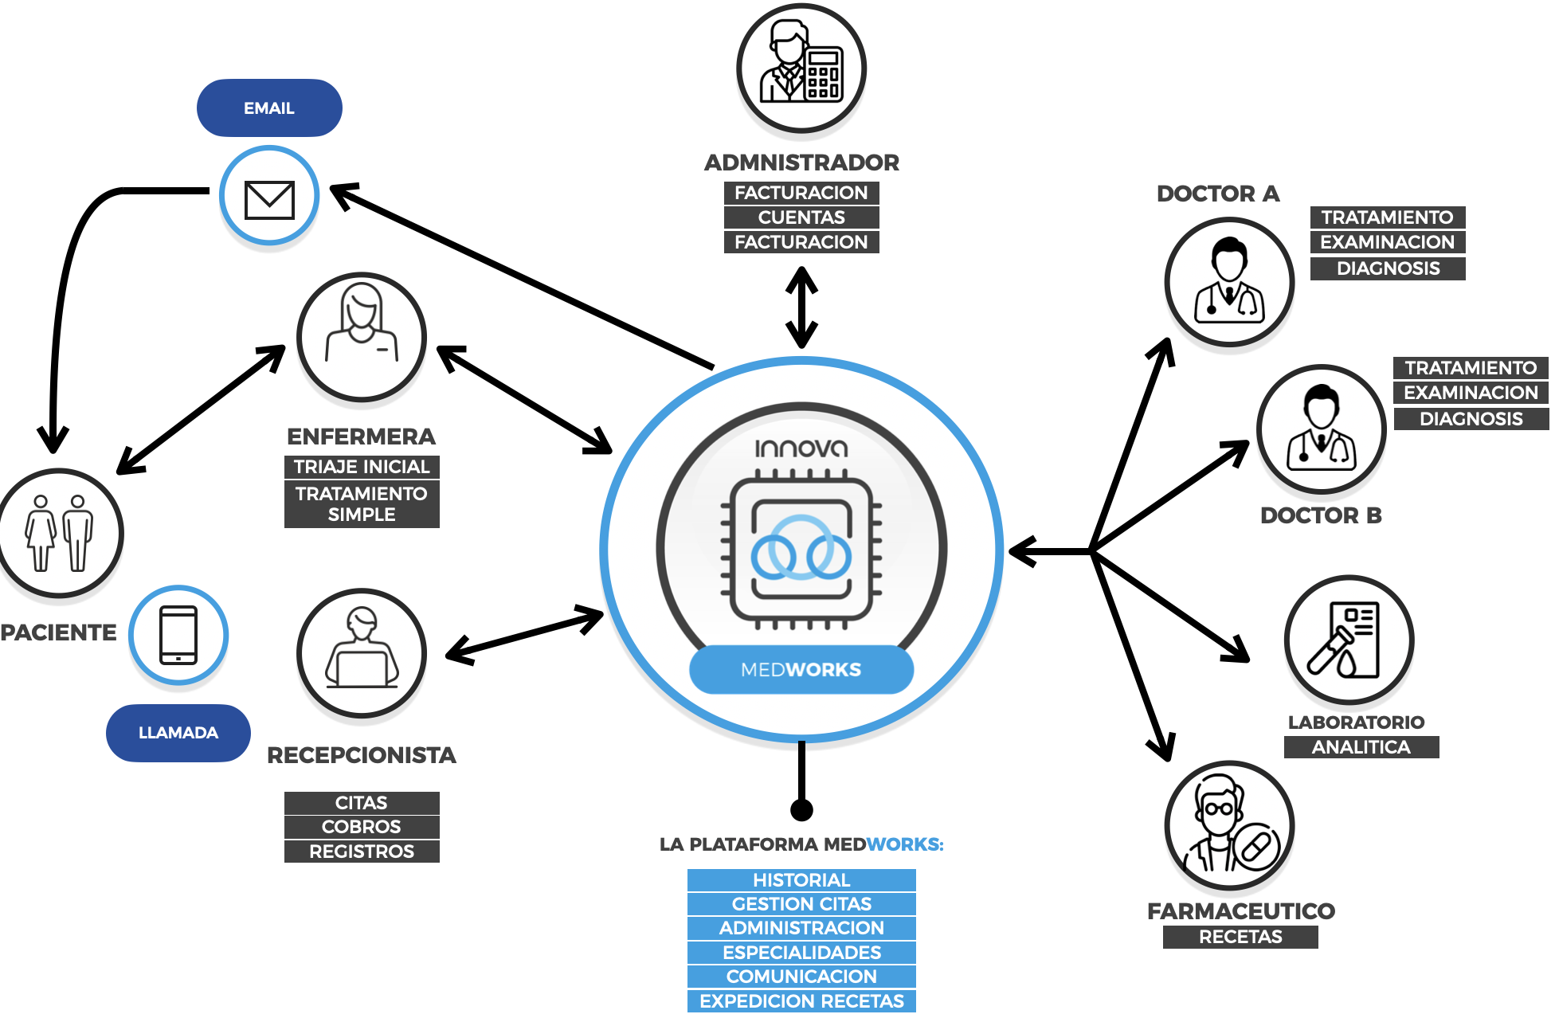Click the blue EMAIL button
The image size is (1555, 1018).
269,108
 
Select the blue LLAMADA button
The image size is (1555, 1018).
178,733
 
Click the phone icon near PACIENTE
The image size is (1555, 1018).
178,635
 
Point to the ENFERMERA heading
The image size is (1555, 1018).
361,437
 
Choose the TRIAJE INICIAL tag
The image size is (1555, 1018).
362,467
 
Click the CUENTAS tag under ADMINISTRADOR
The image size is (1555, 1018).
801,217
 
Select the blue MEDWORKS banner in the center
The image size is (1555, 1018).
801,670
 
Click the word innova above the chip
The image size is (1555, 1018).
801,448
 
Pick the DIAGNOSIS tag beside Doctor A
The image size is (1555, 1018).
1388,268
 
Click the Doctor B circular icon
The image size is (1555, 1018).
1322,430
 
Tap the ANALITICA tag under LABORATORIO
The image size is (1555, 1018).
1361,747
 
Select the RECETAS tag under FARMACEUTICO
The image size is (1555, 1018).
1240,938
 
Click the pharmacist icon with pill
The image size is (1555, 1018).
1229,827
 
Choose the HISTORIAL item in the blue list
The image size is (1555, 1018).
801,880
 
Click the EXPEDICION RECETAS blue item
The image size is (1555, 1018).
801,1001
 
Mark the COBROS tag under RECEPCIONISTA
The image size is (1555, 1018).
362,827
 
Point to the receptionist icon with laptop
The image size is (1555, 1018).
362,653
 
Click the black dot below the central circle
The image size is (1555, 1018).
801,810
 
